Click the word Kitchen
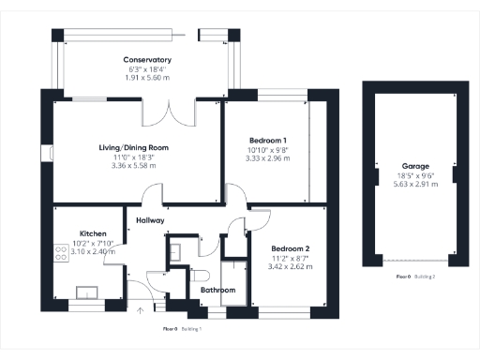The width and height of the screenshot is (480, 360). tap(92, 233)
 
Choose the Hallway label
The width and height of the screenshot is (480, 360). tap(150, 220)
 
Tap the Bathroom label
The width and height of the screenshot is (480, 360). tap(217, 291)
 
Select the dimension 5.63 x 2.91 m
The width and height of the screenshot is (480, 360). tap(415, 185)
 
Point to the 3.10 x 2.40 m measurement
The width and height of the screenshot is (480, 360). tap(92, 251)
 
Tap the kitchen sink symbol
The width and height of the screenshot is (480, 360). tap(89, 292)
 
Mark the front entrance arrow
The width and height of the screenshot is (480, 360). tap(142, 310)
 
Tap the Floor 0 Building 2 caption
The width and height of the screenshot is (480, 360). tap(415, 277)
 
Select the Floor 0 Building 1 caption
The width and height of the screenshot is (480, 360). tap(183, 329)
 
